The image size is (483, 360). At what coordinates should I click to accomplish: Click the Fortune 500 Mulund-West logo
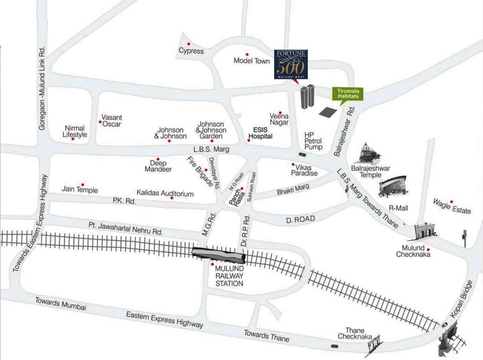coord(290,65)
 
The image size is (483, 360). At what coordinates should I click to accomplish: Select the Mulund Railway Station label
coord(229,276)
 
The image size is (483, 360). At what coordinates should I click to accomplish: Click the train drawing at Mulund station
coord(218,255)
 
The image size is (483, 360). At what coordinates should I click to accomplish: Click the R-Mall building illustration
coord(393,186)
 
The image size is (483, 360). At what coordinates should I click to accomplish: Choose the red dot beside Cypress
coord(189,44)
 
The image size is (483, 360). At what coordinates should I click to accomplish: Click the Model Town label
coord(252,61)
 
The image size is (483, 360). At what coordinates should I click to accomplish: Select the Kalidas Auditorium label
coord(165,193)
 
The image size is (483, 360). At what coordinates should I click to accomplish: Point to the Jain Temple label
coord(80,189)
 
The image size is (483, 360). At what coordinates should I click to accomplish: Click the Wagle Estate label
coord(452,206)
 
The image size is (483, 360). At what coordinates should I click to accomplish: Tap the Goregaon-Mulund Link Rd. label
coord(42,89)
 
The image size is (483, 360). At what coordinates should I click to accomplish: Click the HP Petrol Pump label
coord(313,141)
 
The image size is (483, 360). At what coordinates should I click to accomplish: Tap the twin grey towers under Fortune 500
coord(307,97)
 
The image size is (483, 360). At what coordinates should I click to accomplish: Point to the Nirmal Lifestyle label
coord(75,131)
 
